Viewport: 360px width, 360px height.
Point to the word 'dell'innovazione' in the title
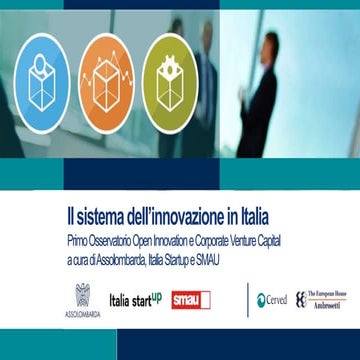[186, 214]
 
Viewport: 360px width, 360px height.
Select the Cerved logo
[270, 300]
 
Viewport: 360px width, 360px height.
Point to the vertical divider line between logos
[247, 300]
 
